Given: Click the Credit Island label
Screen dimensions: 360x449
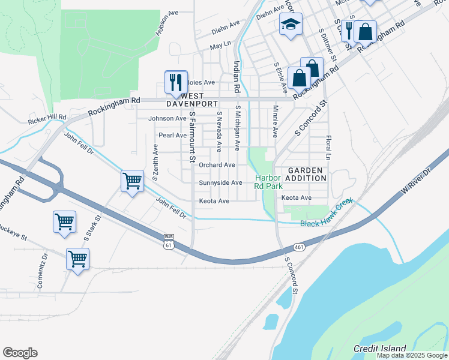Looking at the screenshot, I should click(x=379, y=348).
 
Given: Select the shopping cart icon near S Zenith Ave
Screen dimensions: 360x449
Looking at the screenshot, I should click(x=132, y=180).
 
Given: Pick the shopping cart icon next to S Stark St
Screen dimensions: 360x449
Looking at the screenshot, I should click(x=64, y=221).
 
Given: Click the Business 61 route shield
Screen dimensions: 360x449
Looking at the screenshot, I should click(x=169, y=242).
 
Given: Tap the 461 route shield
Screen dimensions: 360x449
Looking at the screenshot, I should click(x=298, y=247).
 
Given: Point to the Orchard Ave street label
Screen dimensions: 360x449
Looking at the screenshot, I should click(x=217, y=165).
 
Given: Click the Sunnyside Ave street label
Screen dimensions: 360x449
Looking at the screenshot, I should click(x=220, y=183).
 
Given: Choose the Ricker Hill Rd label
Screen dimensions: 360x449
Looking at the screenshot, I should click(x=47, y=119).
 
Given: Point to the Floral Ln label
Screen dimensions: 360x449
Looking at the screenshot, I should click(x=328, y=147).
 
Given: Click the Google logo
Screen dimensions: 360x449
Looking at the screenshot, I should click(x=20, y=353).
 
